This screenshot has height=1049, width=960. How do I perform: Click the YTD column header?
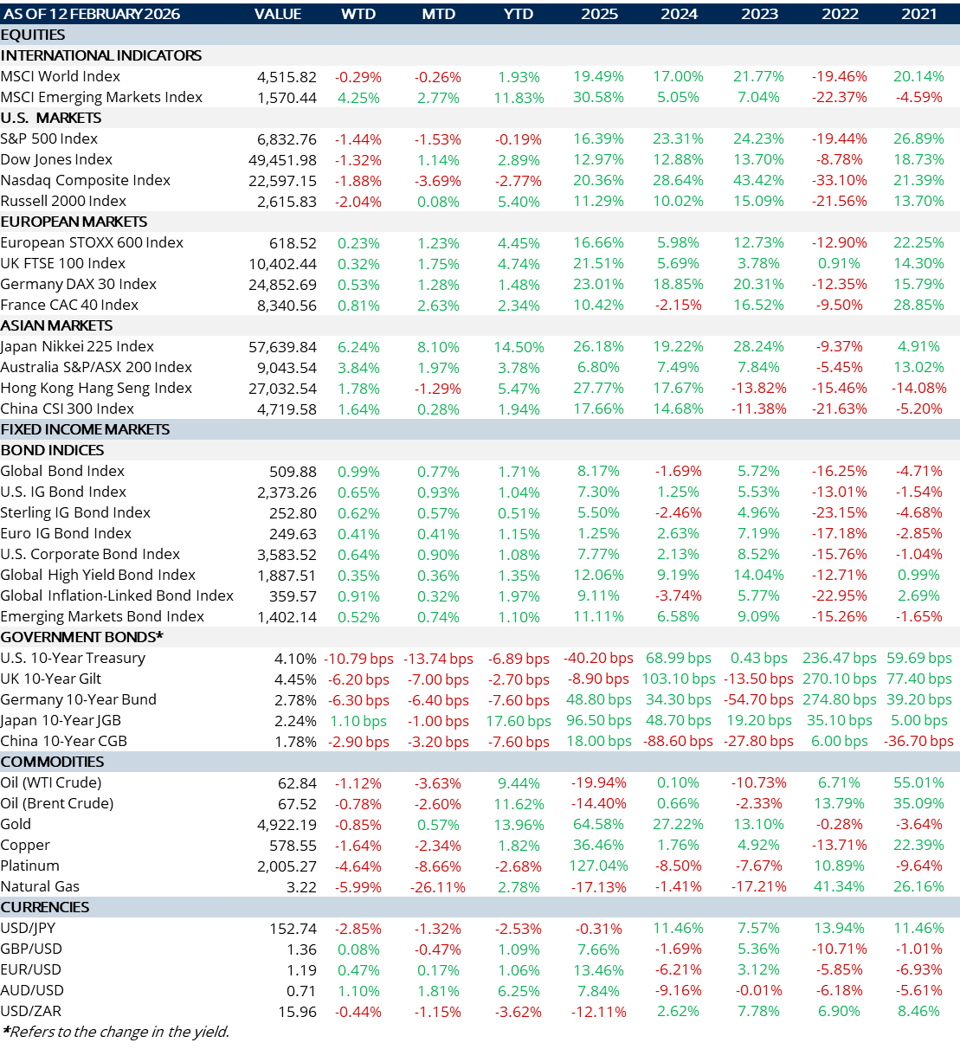(518, 14)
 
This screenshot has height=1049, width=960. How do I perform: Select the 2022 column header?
(839, 14)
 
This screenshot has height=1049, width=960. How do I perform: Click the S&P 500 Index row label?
(49, 138)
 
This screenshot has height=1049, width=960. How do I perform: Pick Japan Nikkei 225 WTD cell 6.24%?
(358, 347)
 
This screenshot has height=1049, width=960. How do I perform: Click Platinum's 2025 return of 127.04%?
(598, 866)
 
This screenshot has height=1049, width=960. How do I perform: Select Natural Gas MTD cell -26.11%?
(438, 887)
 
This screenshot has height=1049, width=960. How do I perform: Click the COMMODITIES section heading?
(52, 762)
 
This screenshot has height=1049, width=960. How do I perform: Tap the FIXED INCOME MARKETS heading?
(85, 429)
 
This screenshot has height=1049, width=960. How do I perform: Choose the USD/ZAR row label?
(31, 1011)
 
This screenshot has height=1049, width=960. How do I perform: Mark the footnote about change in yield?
(115, 1031)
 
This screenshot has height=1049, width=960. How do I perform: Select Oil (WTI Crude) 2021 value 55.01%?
(918, 782)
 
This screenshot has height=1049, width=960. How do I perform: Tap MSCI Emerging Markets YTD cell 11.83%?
(519, 98)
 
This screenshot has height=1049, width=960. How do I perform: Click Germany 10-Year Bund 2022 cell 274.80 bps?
(839, 699)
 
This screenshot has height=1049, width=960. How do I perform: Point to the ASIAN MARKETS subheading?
(56, 325)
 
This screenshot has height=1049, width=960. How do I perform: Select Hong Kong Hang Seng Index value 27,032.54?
(282, 389)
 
